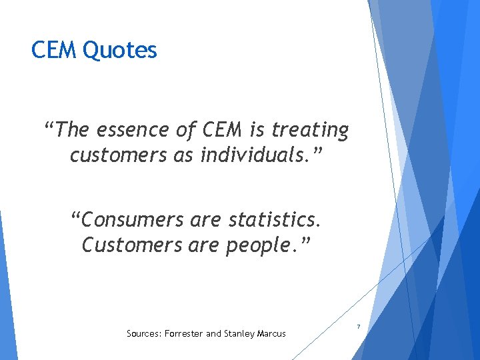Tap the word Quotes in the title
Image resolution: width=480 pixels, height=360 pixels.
point(120,50)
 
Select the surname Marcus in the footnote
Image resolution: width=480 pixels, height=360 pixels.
point(271,333)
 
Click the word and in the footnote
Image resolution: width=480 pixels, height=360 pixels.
point(214,333)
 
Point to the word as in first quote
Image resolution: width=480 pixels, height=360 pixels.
point(172,155)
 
